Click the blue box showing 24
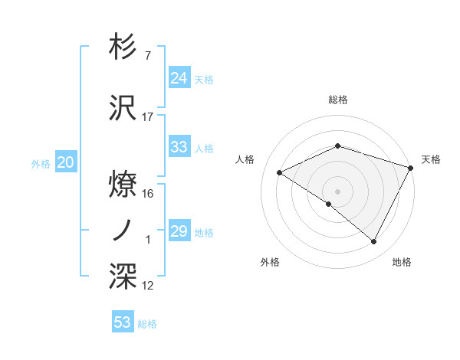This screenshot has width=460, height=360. [179, 77]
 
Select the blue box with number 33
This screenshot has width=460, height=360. [179, 147]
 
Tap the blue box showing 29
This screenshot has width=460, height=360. [179, 231]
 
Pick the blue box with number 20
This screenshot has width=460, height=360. [66, 162]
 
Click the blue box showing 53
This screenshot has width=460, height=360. [123, 322]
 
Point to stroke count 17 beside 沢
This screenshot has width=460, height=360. [148, 117]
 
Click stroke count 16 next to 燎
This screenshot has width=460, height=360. [148, 194]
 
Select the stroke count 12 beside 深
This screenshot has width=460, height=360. [148, 286]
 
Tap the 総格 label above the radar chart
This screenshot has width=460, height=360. [337, 100]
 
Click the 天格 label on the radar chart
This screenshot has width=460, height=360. [431, 159]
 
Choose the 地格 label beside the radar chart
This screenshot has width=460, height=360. [402, 262]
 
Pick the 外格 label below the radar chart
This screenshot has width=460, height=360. [270, 262]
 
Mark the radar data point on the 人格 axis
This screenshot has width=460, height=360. [280, 172]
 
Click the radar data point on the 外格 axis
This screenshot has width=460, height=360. [328, 204]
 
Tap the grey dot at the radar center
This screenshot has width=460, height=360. [337, 191]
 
